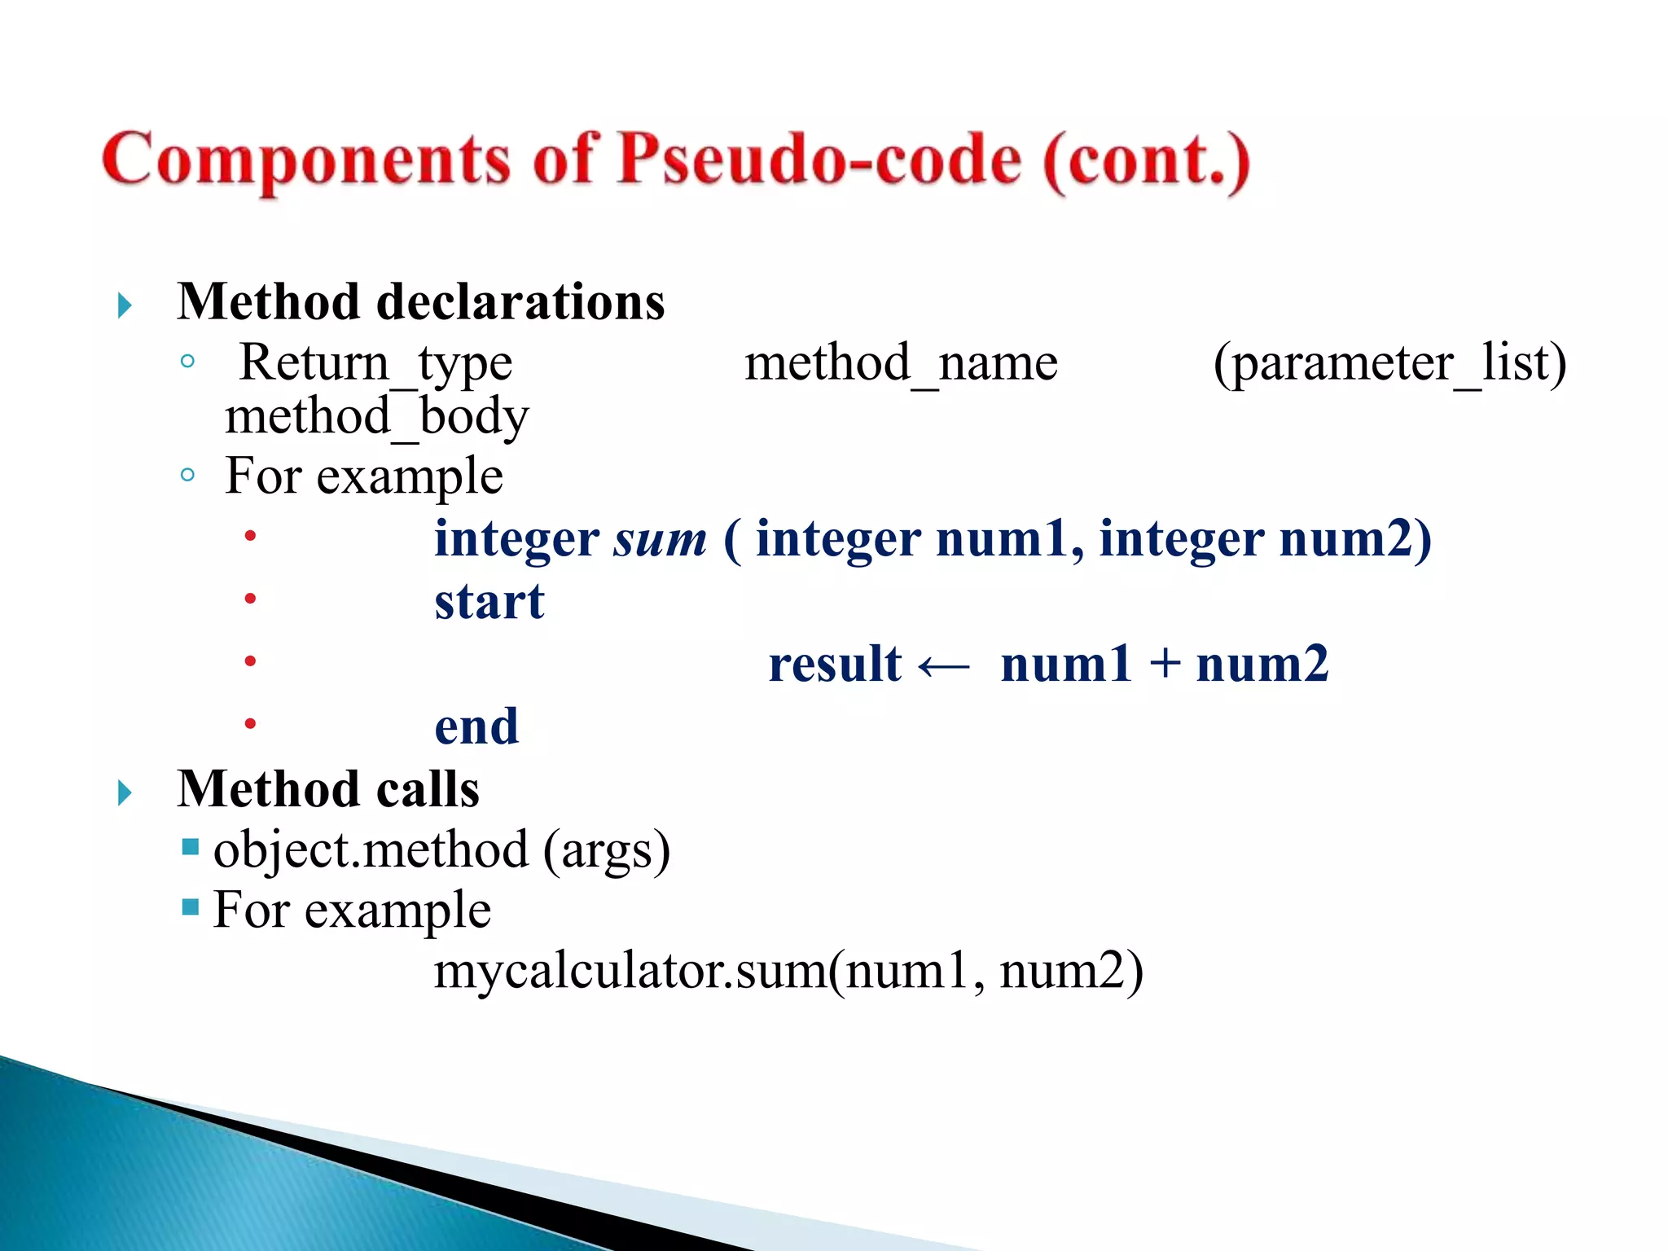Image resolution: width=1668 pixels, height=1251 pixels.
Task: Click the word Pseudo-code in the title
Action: (x=819, y=159)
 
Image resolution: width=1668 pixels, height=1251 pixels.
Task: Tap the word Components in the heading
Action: (x=305, y=160)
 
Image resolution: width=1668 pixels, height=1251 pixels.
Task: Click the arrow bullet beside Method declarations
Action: (x=125, y=306)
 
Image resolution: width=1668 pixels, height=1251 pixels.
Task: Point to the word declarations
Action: (x=520, y=302)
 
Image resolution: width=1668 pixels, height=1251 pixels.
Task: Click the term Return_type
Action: (x=375, y=362)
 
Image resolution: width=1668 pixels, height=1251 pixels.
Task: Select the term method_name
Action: (x=901, y=362)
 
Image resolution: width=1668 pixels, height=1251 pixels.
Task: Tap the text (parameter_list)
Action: (x=1389, y=362)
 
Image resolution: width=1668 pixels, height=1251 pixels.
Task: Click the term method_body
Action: (x=376, y=417)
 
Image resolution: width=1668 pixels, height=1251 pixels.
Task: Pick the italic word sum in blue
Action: (x=661, y=539)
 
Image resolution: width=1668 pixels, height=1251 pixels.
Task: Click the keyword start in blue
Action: (x=489, y=602)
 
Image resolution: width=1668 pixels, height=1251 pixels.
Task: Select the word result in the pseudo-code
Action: (x=835, y=664)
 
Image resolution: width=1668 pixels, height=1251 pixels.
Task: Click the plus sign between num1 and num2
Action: (x=1165, y=663)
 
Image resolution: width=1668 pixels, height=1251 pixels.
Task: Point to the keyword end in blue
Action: (x=476, y=726)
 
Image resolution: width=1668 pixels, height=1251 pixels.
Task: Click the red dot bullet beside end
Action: (x=250, y=723)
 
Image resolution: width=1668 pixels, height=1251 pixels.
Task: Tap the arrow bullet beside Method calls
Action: (x=125, y=792)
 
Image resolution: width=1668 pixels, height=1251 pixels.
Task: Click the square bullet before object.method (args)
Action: (x=191, y=847)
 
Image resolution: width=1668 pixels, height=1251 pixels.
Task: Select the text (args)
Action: (x=607, y=851)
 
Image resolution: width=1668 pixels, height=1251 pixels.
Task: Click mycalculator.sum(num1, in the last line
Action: (x=709, y=972)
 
